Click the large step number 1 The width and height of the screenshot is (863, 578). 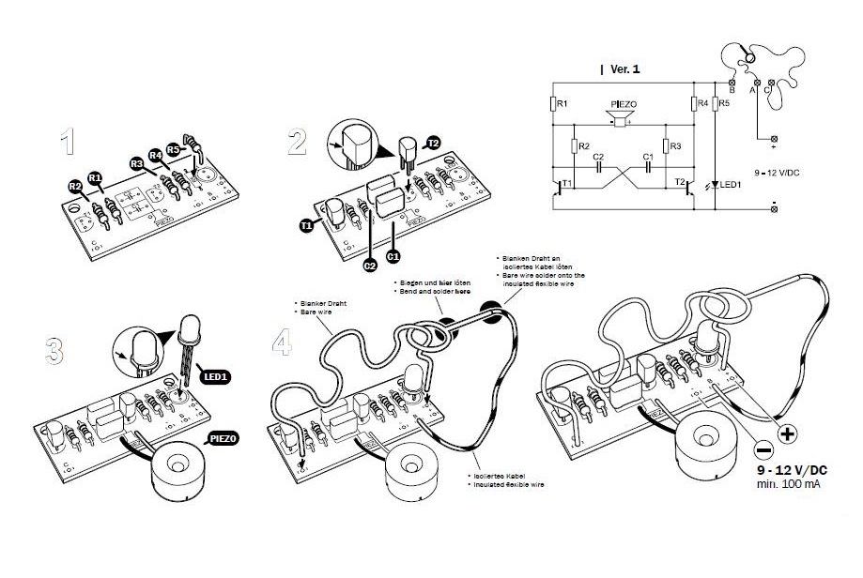tap(66, 142)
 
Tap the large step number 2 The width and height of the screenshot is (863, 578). tap(297, 142)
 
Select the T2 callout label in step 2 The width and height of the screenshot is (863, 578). tap(433, 143)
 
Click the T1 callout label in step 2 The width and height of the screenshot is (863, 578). tap(307, 225)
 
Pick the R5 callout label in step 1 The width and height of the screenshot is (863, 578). tap(173, 149)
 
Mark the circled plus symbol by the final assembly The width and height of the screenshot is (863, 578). tap(786, 435)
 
